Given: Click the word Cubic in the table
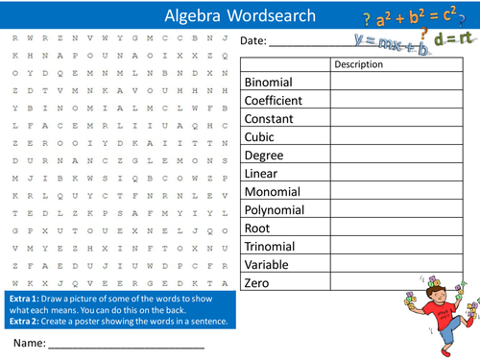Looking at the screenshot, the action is pyautogui.click(x=260, y=137).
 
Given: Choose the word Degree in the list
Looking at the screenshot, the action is pyautogui.click(x=264, y=156).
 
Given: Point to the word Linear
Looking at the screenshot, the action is pyautogui.click(x=262, y=174).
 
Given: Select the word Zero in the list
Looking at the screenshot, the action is pyautogui.click(x=257, y=283).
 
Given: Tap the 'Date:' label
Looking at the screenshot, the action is pyautogui.click(x=253, y=41).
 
